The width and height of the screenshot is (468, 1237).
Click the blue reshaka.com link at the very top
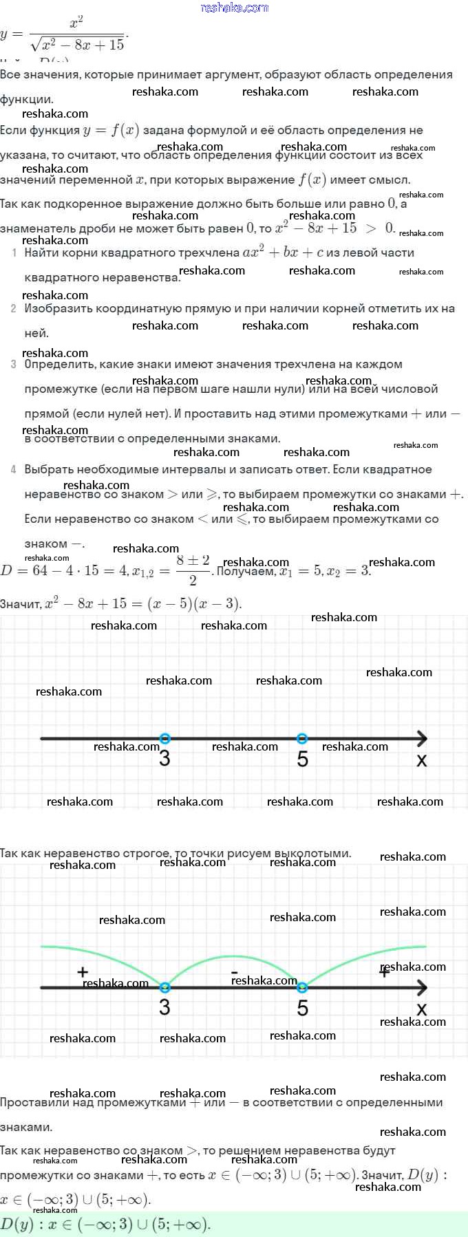click(234, 8)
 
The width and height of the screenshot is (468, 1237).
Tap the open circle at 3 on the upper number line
click(164, 739)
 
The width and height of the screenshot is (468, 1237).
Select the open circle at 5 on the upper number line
click(302, 739)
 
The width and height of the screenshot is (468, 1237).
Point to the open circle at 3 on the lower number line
click(164, 987)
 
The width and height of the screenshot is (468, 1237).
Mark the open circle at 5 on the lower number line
click(302, 987)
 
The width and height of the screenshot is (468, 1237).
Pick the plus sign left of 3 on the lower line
click(83, 972)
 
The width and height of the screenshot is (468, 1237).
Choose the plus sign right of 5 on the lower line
click(385, 972)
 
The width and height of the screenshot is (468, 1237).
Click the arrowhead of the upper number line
click(421, 739)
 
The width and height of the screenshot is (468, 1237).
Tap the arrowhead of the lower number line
click(421, 987)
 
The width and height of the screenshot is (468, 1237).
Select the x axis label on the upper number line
click(422, 760)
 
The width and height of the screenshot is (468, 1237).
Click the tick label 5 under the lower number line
click(303, 1008)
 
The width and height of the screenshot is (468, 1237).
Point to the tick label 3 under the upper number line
click(164, 759)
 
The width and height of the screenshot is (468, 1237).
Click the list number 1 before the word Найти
click(14, 253)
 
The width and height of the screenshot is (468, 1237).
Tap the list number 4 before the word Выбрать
click(14, 470)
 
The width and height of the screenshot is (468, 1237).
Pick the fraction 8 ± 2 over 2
click(193, 570)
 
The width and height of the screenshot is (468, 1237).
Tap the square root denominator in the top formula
click(78, 45)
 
